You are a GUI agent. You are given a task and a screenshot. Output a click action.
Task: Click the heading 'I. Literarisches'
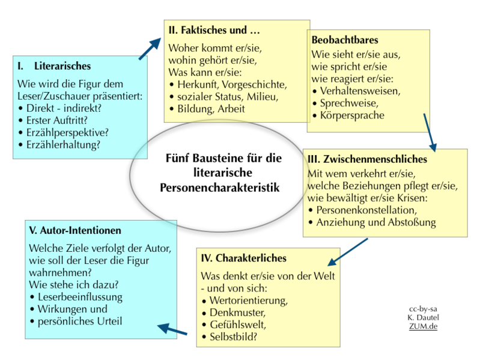(54, 66)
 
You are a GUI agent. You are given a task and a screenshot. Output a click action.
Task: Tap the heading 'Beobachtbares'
(345, 40)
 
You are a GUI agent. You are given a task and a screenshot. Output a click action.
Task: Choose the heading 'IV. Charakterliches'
(245, 258)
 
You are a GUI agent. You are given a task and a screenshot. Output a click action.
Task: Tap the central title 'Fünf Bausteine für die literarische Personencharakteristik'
(224, 173)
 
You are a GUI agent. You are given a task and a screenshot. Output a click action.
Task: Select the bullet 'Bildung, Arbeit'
(207, 109)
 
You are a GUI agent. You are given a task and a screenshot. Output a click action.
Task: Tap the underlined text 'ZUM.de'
(424, 326)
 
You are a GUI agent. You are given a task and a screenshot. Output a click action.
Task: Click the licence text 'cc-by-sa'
(424, 308)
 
